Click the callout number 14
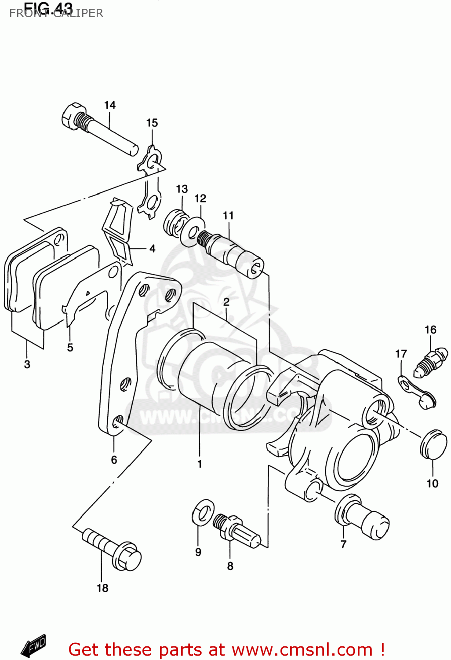point(110,105)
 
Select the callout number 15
point(152,123)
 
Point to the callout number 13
point(182,189)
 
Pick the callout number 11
point(228,216)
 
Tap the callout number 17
point(401,354)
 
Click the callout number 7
point(344,544)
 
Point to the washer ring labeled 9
point(203,511)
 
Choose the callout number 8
point(230,566)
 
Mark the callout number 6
point(114,460)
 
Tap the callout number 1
point(200,464)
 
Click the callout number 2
point(226,302)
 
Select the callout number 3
point(27,364)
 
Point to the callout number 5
point(70,348)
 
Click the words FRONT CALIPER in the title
point(56,13)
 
